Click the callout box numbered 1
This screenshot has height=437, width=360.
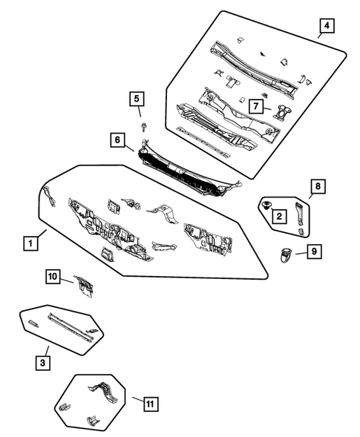click(x=30, y=243)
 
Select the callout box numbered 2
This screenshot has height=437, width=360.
click(x=279, y=217)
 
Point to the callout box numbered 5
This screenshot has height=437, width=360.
click(x=136, y=99)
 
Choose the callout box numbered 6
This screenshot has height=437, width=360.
click(x=118, y=139)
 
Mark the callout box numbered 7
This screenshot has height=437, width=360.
click(x=255, y=107)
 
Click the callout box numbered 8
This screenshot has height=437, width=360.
click(x=317, y=187)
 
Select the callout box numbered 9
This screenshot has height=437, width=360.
click(x=314, y=252)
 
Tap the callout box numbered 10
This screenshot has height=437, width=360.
click(x=53, y=277)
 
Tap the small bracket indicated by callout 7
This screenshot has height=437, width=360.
click(x=281, y=111)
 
